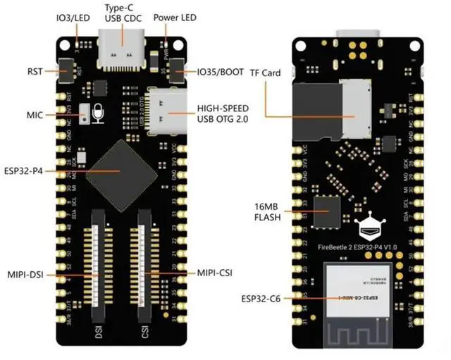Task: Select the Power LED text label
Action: [x=175, y=17]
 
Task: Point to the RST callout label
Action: [x=35, y=70]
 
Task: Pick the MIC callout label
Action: [x=35, y=114]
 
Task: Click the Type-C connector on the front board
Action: [x=123, y=49]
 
